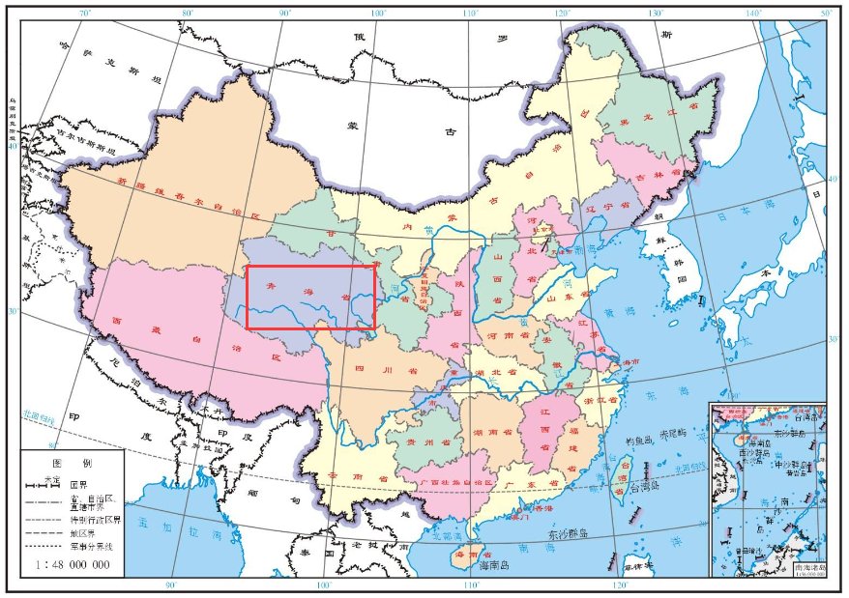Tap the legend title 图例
tap(72, 464)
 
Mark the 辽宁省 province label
tap(600, 206)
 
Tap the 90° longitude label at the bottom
tap(170, 584)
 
